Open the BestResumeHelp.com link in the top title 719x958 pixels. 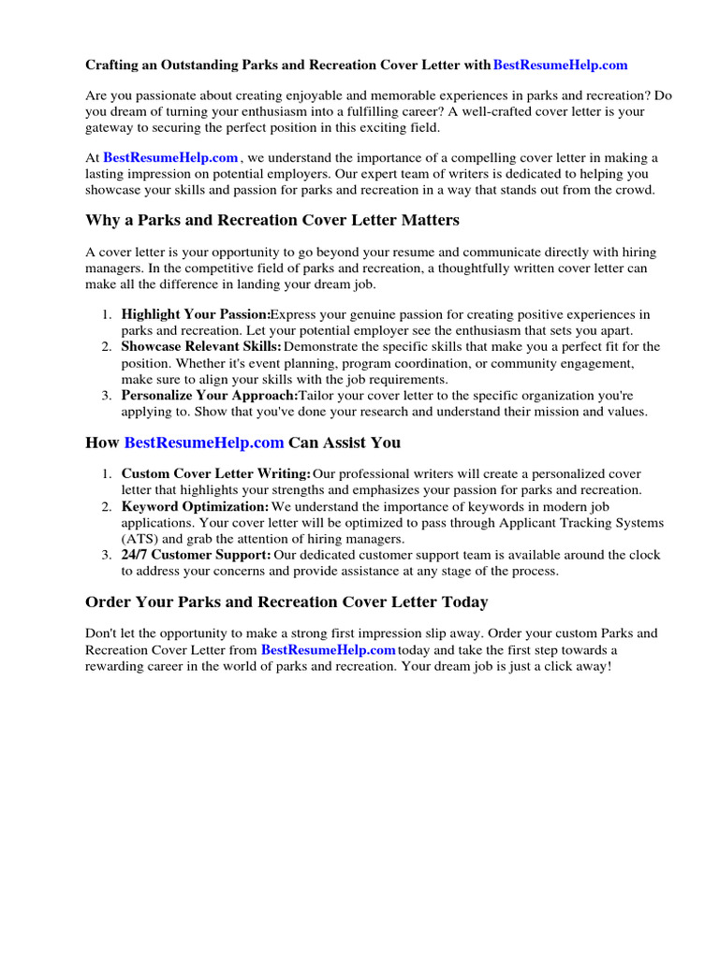[560, 65]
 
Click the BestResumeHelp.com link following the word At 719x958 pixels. [170, 158]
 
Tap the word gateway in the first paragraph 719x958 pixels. [110, 127]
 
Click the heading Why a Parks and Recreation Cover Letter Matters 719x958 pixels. [272, 221]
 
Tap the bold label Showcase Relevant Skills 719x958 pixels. [200, 347]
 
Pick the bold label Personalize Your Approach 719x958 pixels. [209, 396]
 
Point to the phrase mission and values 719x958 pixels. [596, 412]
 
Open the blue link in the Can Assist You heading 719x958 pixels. [203, 443]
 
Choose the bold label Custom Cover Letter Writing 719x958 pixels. [215, 474]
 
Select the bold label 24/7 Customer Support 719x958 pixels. [197, 555]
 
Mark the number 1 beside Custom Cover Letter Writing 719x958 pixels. [107, 474]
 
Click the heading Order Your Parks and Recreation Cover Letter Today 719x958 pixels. [286, 602]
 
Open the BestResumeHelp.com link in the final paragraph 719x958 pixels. [328, 649]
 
